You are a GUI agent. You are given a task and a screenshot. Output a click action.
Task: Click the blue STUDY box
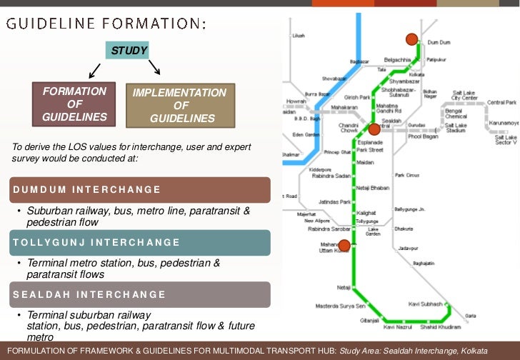coord(129,51)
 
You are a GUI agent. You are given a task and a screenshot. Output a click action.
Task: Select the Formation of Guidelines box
coord(74,104)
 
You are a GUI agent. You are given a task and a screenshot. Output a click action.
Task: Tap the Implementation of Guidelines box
coord(179,105)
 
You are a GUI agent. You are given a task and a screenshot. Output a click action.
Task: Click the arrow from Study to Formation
coord(93,70)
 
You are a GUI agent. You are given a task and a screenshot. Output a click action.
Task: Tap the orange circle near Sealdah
coord(374,129)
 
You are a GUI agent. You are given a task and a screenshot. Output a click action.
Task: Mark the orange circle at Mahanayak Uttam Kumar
coord(344,246)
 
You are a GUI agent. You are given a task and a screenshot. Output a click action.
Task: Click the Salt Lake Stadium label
coord(456,129)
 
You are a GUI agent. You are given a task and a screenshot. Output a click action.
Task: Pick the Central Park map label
coord(501,103)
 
